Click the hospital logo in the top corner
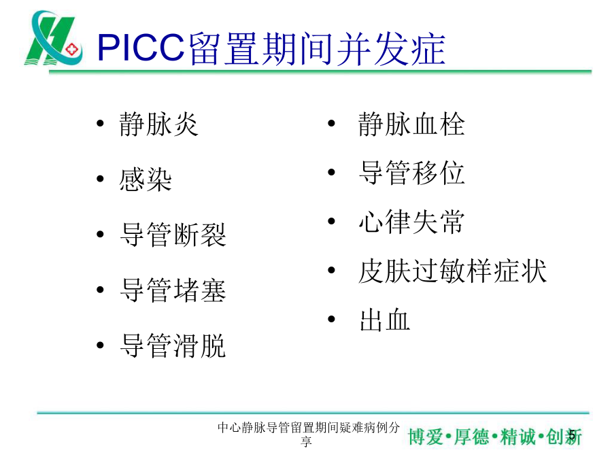pyautogui.click(x=54, y=38)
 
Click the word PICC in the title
pyautogui.click(x=141, y=48)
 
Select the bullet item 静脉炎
pyautogui.click(x=159, y=124)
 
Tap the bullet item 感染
pyautogui.click(x=146, y=180)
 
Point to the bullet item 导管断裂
pyautogui.click(x=173, y=235)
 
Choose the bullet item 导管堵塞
pyautogui.click(x=173, y=290)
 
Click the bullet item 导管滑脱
pyautogui.click(x=173, y=346)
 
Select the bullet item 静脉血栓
pyautogui.click(x=411, y=124)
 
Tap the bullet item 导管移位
pyautogui.click(x=411, y=173)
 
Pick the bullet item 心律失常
pyautogui.click(x=411, y=222)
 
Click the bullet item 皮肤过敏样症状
pyautogui.click(x=452, y=271)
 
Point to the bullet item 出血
pyautogui.click(x=384, y=320)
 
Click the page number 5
pyautogui.click(x=572, y=435)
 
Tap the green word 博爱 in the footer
pyautogui.click(x=426, y=437)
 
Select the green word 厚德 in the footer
pyautogui.click(x=471, y=437)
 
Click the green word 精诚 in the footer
pyautogui.click(x=517, y=437)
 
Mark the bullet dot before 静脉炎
pyautogui.click(x=101, y=124)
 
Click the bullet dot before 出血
pyautogui.click(x=331, y=320)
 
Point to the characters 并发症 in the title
pyautogui.click(x=390, y=48)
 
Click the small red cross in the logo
pyautogui.click(x=72, y=50)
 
